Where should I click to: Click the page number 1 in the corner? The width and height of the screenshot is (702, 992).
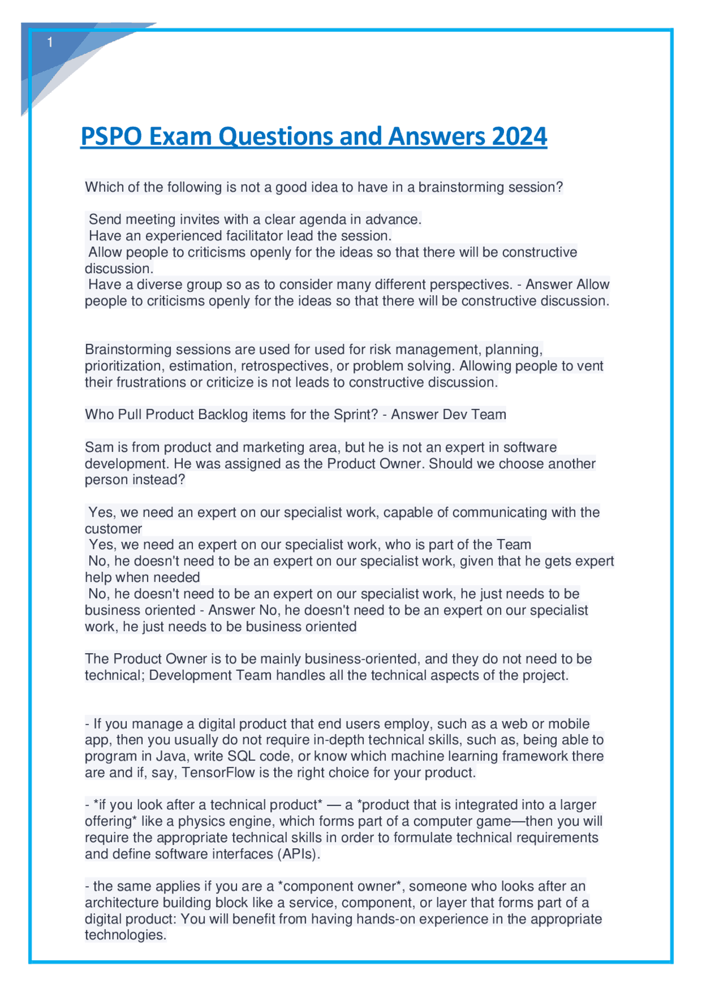click(x=50, y=43)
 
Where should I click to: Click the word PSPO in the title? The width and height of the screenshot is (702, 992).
click(x=111, y=137)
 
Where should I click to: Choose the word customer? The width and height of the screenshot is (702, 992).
click(x=113, y=529)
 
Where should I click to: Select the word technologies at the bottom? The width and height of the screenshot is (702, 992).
click(x=125, y=935)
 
